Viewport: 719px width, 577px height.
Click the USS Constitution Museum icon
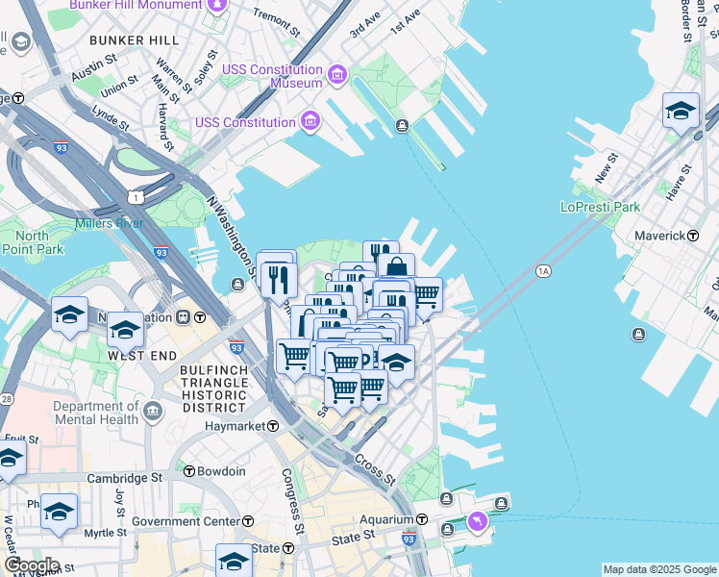click(336, 75)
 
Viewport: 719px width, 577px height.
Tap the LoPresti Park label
click(600, 207)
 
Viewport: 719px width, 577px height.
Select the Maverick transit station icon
click(692, 236)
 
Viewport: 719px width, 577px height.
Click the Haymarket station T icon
click(273, 425)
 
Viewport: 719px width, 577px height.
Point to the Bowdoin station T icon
click(188, 471)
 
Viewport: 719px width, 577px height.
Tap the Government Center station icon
click(248, 521)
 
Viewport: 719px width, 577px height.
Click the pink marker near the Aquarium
click(477, 521)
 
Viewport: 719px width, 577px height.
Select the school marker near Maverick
click(681, 111)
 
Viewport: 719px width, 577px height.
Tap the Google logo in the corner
click(31, 565)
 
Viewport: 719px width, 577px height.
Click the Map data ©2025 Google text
click(659, 569)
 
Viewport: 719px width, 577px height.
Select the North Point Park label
click(32, 243)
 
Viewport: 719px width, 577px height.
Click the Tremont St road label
click(276, 15)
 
